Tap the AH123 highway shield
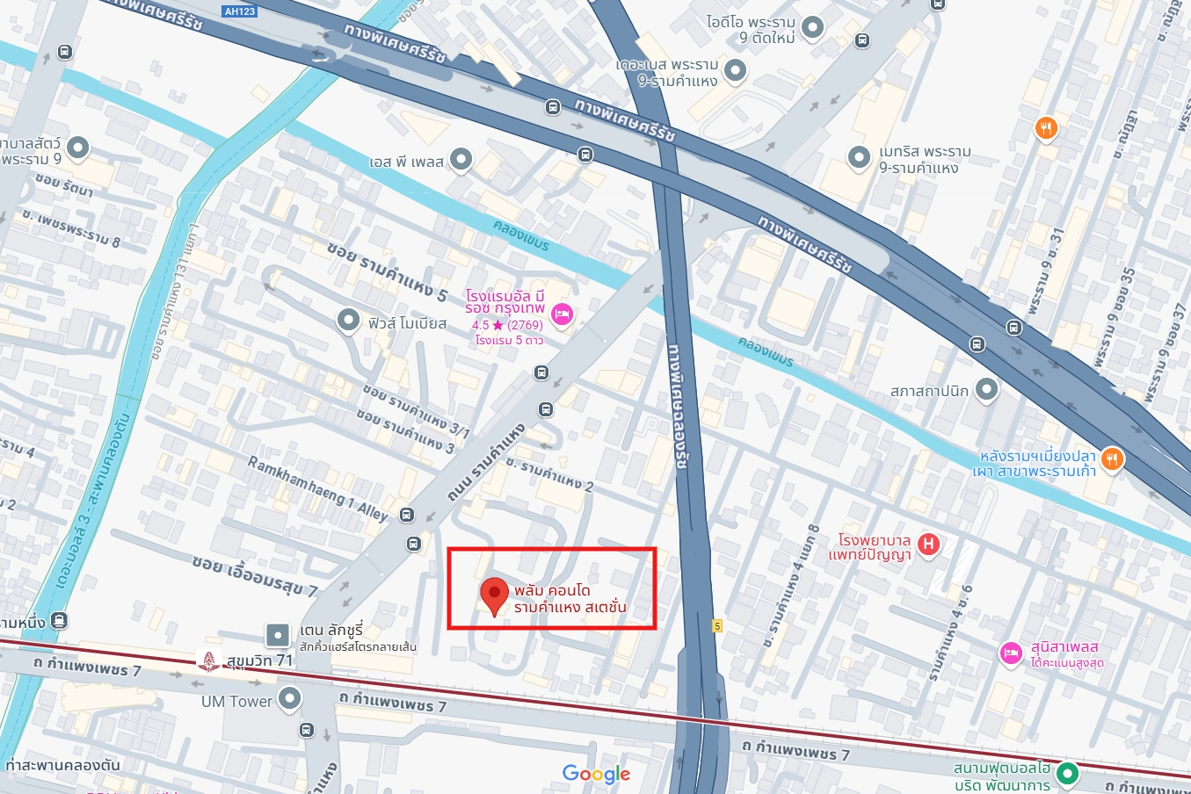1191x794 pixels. coord(240,11)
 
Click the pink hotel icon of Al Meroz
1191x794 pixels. coord(562,314)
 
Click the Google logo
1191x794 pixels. coord(596,774)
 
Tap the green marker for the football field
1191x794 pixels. coord(1067,774)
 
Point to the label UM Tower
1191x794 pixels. coord(236,701)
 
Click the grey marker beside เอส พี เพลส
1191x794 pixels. coord(461,160)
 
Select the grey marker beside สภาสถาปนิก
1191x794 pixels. coord(986,389)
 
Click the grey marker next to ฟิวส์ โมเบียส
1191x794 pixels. coord(349,321)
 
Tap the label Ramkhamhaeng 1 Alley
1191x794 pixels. coord(317,488)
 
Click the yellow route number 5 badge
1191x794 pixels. coord(717,626)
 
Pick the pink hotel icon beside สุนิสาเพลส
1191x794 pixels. coord(1011,653)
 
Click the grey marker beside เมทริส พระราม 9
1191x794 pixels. coord(859,157)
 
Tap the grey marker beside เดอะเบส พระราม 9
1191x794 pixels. coord(735,70)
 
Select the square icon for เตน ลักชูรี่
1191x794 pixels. coord(278,634)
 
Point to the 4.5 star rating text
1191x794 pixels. coord(507,325)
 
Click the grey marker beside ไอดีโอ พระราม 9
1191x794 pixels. coord(813,27)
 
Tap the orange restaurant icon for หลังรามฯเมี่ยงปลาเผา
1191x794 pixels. coord(1113,460)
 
